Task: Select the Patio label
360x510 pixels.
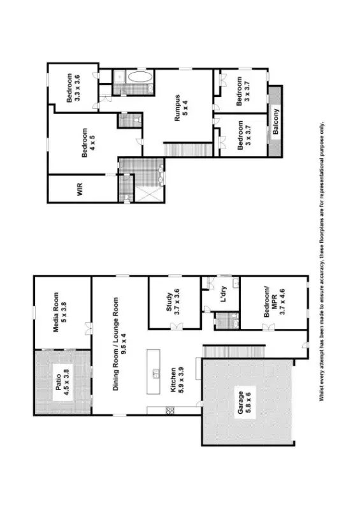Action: tap(59, 381)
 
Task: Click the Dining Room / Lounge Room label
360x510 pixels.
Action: tap(116, 326)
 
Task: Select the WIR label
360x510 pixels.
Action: tap(80, 189)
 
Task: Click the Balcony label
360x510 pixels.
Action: tap(276, 122)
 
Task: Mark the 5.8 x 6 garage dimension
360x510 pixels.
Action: tap(249, 401)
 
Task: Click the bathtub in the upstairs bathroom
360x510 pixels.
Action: tap(140, 77)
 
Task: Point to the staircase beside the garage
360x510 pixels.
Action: tap(232, 351)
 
